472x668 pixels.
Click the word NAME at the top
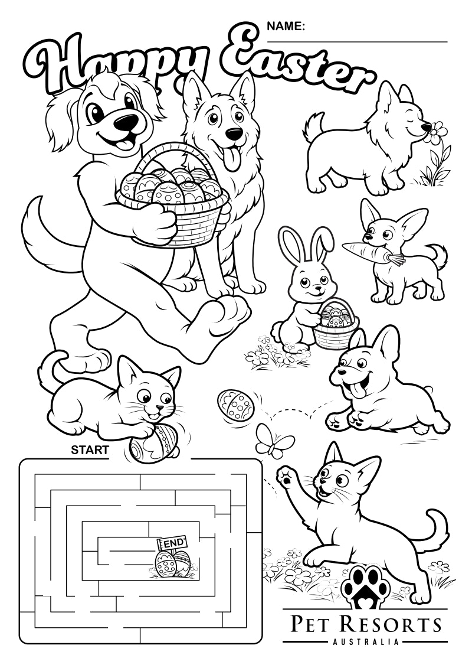pos(286,26)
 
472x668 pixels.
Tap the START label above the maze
pos(90,450)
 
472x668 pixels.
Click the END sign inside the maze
pos(173,542)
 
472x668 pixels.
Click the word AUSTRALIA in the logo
pos(364,641)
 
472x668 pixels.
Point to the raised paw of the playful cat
pos(287,474)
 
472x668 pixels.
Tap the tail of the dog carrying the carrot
pos(440,254)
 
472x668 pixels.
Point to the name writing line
pos(357,42)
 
